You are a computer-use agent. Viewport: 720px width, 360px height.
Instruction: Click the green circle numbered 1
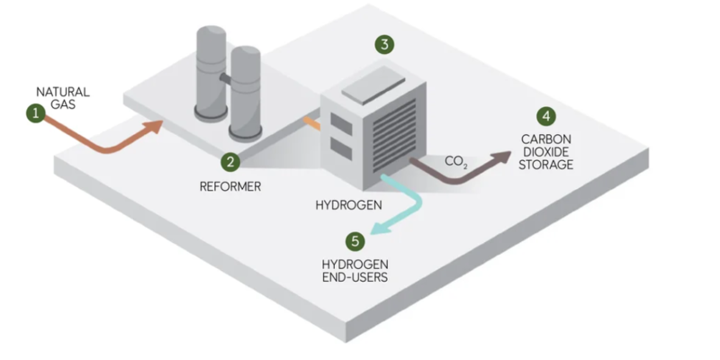(x=35, y=112)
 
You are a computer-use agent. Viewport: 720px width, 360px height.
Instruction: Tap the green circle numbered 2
(x=231, y=162)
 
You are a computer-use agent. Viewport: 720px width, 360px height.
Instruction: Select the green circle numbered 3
(x=384, y=44)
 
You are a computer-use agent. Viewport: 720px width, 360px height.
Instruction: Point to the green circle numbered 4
(x=545, y=116)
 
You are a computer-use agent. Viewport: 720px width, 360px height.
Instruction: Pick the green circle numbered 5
(x=355, y=240)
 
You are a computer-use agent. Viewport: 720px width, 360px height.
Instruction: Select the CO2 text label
(x=456, y=162)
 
